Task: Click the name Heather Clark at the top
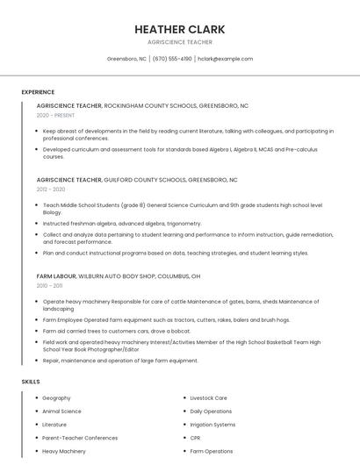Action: [179, 29]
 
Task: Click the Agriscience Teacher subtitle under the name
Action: [179, 41]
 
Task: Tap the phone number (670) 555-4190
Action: [172, 59]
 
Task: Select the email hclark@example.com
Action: [225, 59]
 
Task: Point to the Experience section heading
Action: [38, 92]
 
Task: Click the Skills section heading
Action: [31, 382]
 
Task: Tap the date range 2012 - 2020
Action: [51, 189]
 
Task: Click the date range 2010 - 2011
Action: [49, 285]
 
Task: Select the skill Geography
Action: [56, 398]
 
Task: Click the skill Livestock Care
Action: [208, 398]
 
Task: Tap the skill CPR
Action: [195, 438]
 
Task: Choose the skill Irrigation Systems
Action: [212, 425]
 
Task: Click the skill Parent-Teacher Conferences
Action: [79, 438]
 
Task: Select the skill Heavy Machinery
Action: [64, 451]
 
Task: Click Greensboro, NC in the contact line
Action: [126, 59]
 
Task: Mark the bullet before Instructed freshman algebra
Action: [36, 224]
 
